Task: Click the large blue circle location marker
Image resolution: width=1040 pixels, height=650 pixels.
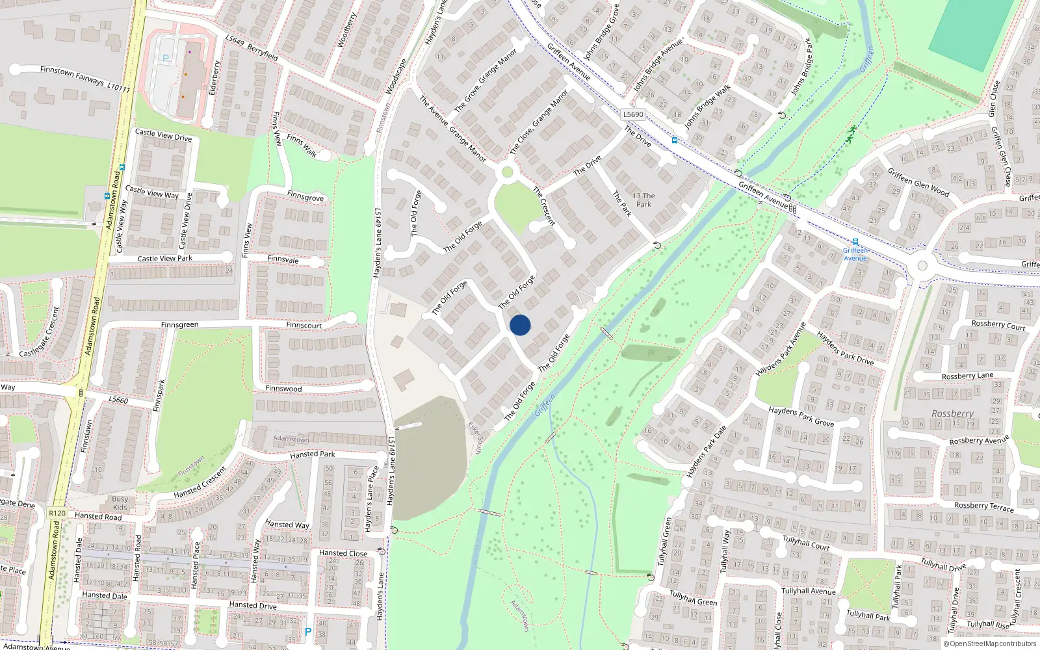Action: [520, 325]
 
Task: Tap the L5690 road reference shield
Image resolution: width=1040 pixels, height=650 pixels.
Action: [633, 114]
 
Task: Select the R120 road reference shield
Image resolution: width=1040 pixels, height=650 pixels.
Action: [57, 513]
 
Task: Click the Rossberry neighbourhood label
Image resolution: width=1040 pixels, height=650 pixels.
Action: [952, 413]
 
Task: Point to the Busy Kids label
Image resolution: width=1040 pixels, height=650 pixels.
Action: [120, 503]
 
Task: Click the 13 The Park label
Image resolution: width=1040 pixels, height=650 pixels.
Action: [643, 200]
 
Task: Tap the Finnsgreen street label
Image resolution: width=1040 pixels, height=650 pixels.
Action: [180, 324]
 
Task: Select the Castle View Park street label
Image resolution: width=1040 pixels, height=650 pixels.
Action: [165, 258]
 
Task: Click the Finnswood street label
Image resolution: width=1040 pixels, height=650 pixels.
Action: [283, 388]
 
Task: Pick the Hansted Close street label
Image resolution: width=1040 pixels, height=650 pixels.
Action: [343, 553]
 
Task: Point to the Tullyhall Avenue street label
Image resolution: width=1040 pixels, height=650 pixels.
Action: [809, 591]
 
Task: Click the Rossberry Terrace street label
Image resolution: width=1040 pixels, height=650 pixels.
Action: [983, 506]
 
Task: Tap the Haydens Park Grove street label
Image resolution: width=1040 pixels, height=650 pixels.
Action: [801, 417]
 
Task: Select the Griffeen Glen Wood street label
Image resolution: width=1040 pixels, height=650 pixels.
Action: [918, 183]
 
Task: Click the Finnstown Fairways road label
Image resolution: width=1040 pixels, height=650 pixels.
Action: [84, 78]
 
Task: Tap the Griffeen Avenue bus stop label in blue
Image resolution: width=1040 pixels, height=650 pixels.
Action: [855, 254]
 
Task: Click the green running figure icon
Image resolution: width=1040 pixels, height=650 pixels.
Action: [851, 132]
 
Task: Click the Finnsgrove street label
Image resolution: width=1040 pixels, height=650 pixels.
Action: [305, 196]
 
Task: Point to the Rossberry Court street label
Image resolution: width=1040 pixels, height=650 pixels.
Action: [998, 325]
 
